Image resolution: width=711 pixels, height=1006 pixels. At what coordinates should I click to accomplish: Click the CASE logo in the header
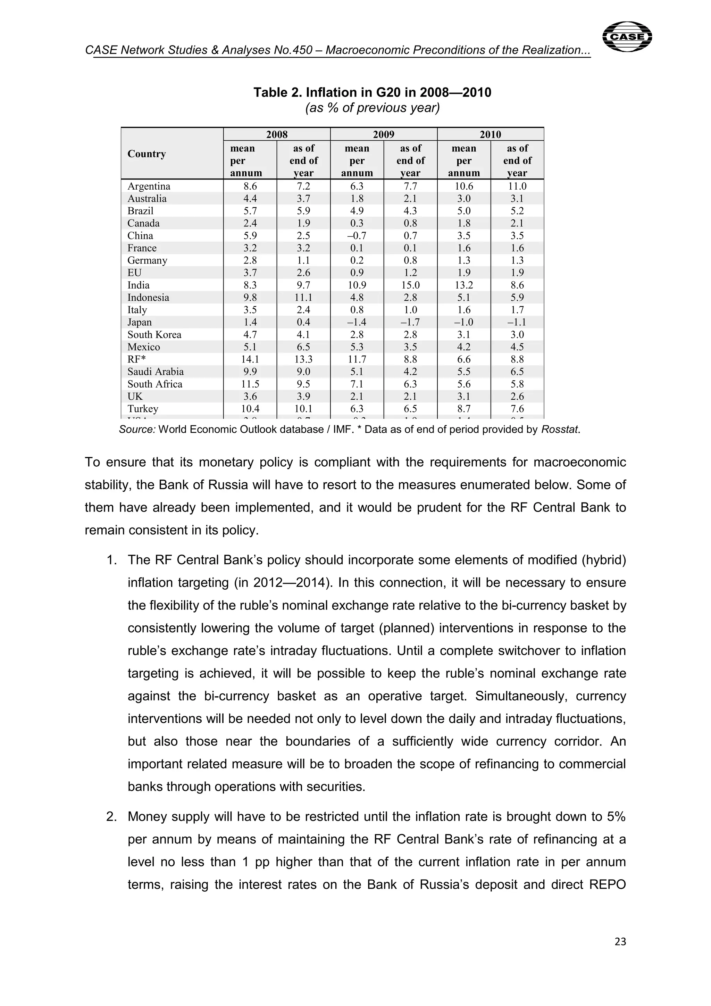(627, 37)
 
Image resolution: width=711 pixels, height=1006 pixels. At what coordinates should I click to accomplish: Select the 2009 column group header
(383, 134)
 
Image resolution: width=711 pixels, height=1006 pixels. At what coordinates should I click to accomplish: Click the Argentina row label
(149, 186)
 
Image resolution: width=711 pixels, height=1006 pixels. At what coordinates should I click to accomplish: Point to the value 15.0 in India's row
(410, 285)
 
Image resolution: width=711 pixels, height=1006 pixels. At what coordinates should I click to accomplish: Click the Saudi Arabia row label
(156, 372)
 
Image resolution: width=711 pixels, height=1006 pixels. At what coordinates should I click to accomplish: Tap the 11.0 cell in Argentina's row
(517, 186)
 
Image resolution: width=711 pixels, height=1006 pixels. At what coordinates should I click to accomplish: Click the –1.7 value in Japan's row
(410, 323)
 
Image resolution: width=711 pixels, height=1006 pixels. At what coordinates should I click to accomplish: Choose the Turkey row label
(143, 409)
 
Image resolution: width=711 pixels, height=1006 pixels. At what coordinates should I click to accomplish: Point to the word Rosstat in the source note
(560, 430)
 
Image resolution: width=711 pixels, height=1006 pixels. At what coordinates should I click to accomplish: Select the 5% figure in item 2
(616, 817)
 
